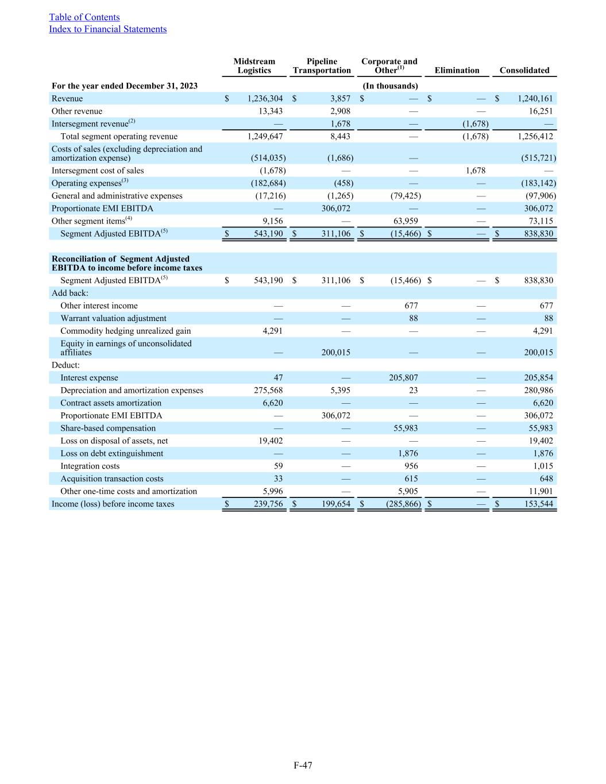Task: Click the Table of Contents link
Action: tap(84, 17)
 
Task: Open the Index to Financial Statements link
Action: tap(107, 29)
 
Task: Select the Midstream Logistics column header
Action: tap(254, 66)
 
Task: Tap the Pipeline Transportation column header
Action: tap(322, 66)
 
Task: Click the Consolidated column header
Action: tap(524, 71)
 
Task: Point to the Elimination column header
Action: tap(457, 71)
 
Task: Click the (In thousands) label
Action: tap(390, 86)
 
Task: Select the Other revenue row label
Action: tap(77, 111)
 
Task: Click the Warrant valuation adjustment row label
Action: tap(113, 319)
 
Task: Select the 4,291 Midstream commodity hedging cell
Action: tap(271, 331)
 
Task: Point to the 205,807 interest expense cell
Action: tap(403, 378)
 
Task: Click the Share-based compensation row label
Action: tap(108, 428)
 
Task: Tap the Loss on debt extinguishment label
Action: tap(111, 454)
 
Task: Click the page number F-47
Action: tap(303, 765)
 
